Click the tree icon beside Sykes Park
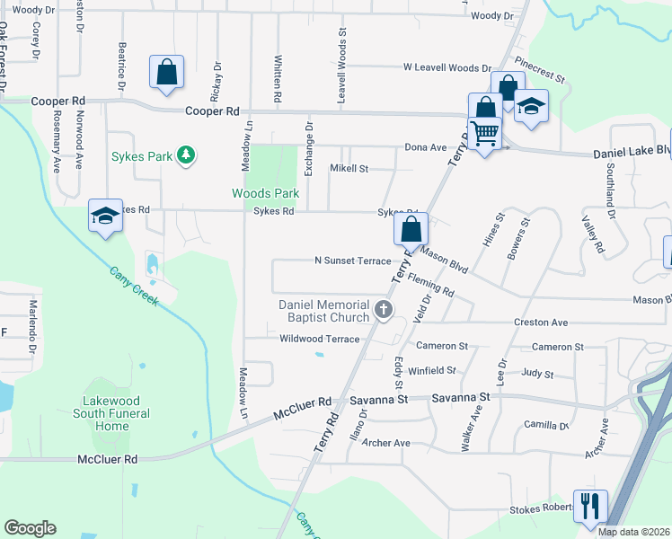pyautogui.click(x=186, y=155)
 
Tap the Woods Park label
pyautogui.click(x=265, y=193)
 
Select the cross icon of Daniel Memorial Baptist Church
pyautogui.click(x=384, y=311)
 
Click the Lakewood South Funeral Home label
pyautogui.click(x=112, y=413)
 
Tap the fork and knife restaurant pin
pyautogui.click(x=590, y=505)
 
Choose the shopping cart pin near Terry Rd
pyautogui.click(x=484, y=134)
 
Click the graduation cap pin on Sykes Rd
pyautogui.click(x=105, y=216)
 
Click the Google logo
pyautogui.click(x=30, y=528)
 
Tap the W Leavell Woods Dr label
pyautogui.click(x=447, y=67)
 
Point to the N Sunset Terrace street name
pyautogui.click(x=352, y=261)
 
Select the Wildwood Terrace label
pyautogui.click(x=319, y=339)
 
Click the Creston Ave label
pyautogui.click(x=541, y=322)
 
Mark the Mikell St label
pyautogui.click(x=349, y=168)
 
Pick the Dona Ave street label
pyautogui.click(x=425, y=147)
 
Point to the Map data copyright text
pyautogui.click(x=633, y=532)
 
